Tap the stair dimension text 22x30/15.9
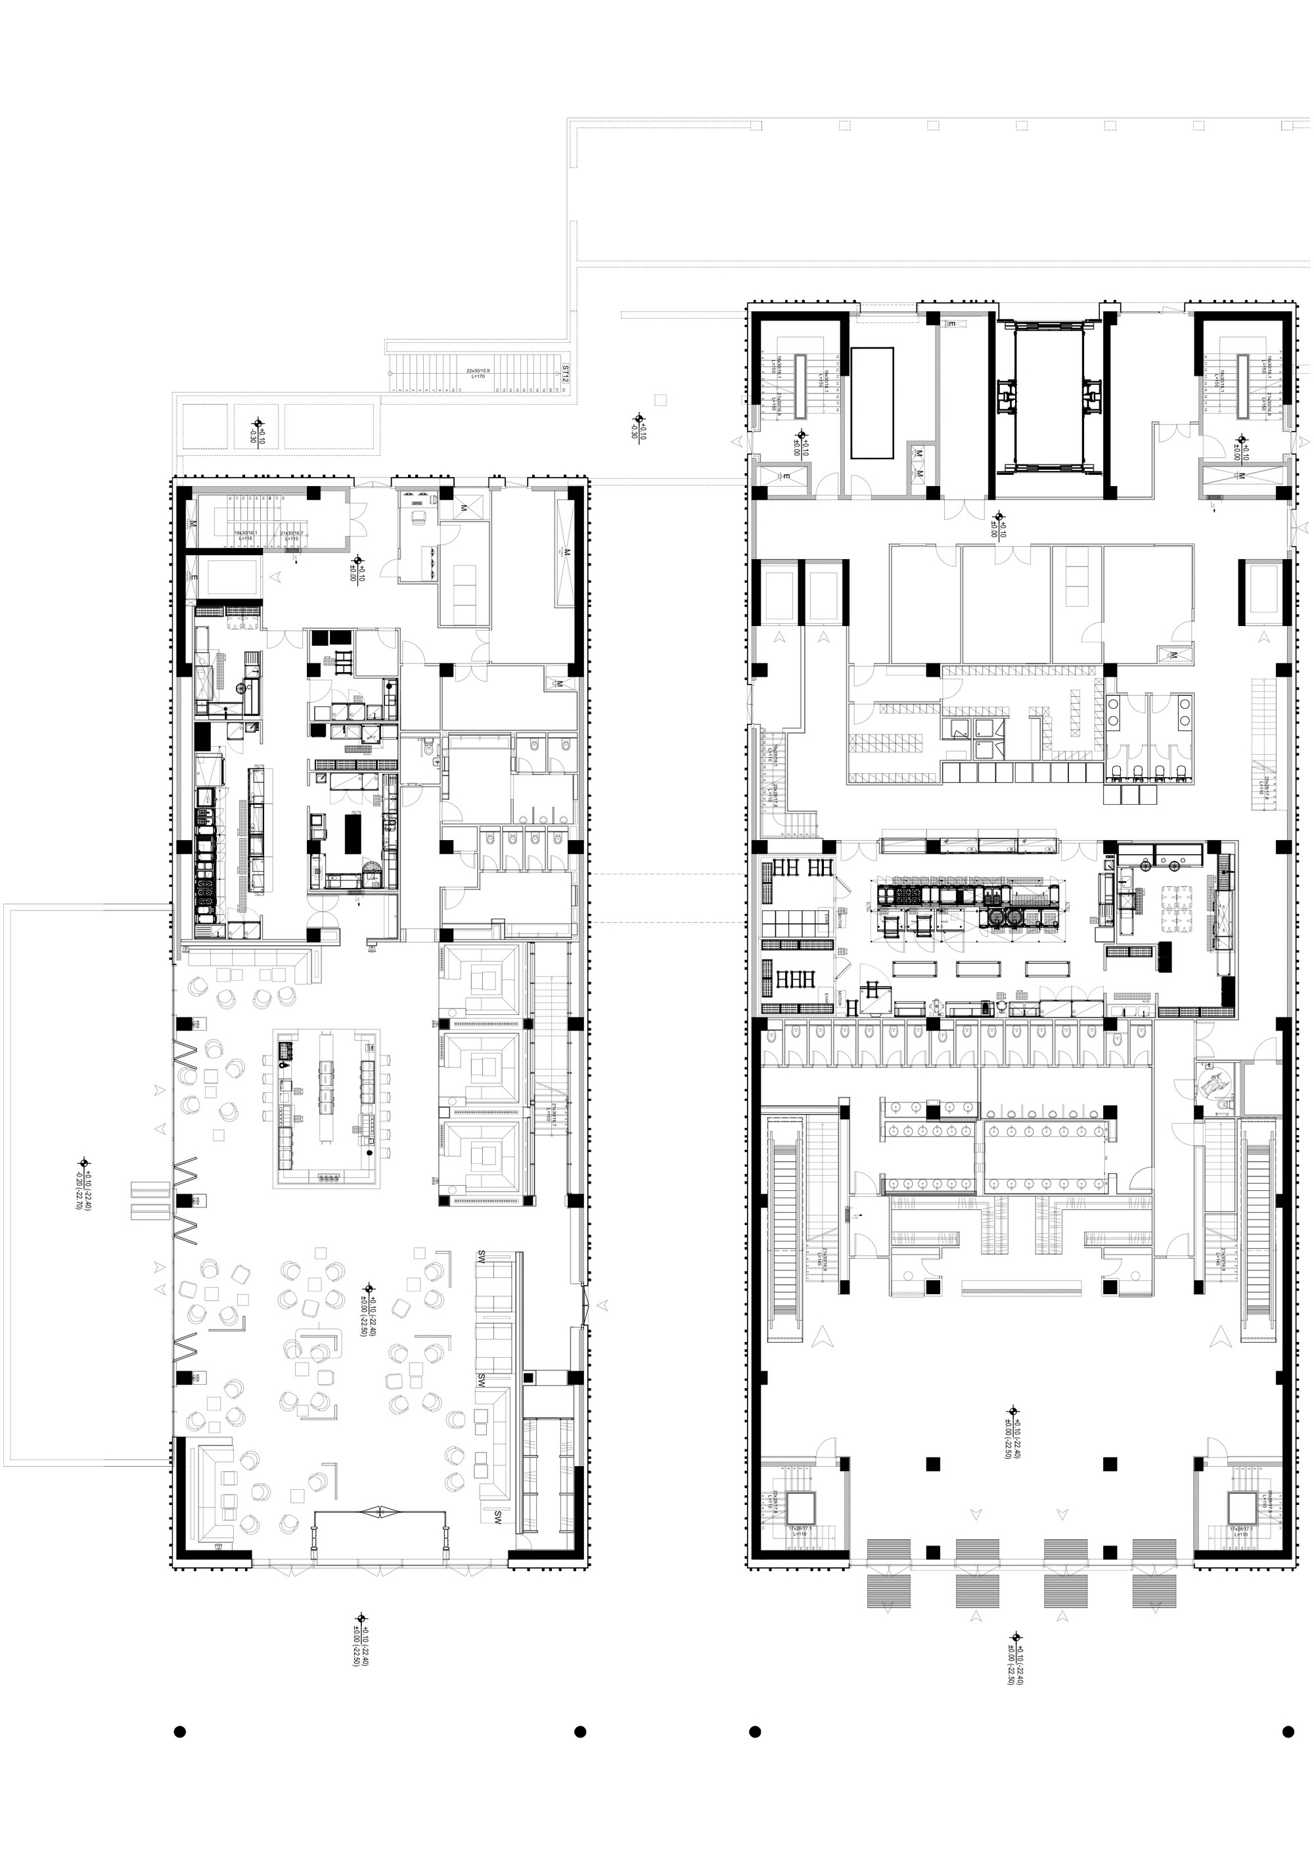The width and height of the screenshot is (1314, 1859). [478, 372]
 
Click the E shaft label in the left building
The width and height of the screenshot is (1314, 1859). [194, 577]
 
